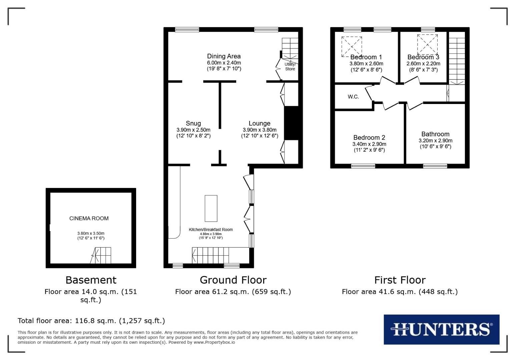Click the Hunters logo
pyautogui.click(x=441, y=329)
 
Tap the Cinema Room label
pyautogui.click(x=89, y=218)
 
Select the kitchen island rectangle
pyautogui.click(x=211, y=208)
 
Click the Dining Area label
pyautogui.click(x=224, y=56)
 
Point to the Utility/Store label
pyautogui.click(x=290, y=67)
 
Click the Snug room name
pyautogui.click(x=193, y=123)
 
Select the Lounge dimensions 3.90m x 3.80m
pyautogui.click(x=260, y=130)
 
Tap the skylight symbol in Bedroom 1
pyautogui.click(x=352, y=46)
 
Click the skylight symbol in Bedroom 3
pyautogui.click(x=427, y=44)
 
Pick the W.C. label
pyautogui.click(x=353, y=97)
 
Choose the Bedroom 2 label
pyautogui.click(x=369, y=138)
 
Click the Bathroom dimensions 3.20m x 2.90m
pyautogui.click(x=435, y=141)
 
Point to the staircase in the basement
pyautogui.click(x=102, y=255)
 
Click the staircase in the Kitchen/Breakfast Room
pyautogui.click(x=210, y=255)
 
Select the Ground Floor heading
pyautogui.click(x=233, y=280)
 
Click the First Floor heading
pyautogui.click(x=400, y=280)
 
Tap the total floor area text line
pyautogui.click(x=91, y=321)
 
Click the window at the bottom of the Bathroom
pyautogui.click(x=435, y=166)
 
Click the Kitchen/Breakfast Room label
pyautogui.click(x=211, y=229)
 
